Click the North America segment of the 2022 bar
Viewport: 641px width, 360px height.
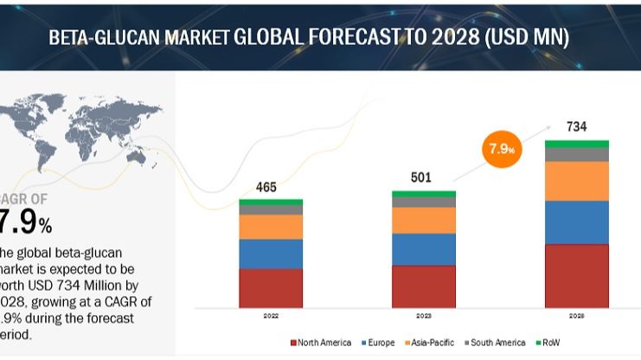click(271, 287)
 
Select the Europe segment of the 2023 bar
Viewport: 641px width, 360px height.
click(423, 249)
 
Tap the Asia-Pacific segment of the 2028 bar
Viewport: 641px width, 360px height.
click(576, 181)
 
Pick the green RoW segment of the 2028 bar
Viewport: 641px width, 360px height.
click(576, 144)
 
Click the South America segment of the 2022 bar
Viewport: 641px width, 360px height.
click(271, 209)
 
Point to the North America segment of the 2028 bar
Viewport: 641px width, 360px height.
click(576, 275)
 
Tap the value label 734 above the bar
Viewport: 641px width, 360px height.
click(576, 127)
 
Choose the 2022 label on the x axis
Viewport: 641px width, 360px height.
click(271, 317)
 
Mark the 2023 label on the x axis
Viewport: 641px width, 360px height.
click(423, 317)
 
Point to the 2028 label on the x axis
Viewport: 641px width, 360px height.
click(576, 317)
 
